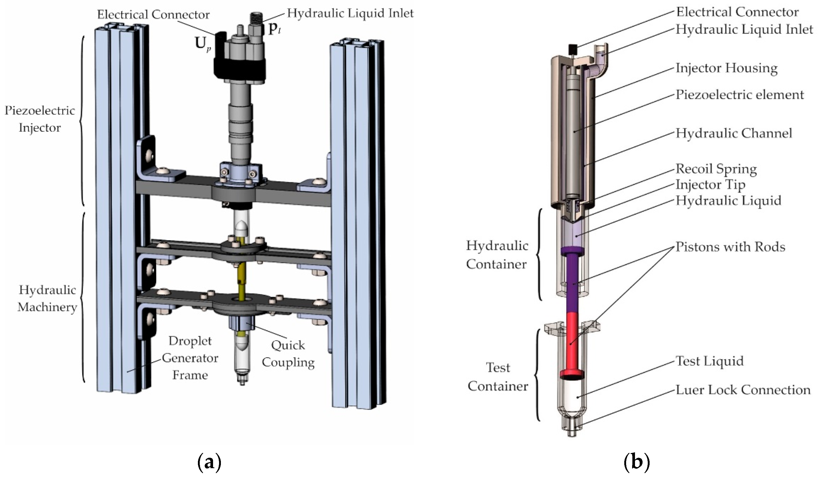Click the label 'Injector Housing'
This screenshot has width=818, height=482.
click(727, 69)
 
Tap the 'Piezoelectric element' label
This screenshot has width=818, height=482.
click(740, 95)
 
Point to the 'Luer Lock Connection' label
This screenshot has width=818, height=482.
click(743, 390)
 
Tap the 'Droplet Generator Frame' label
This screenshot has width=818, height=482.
click(190, 358)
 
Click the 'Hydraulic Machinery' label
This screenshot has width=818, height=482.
click(48, 298)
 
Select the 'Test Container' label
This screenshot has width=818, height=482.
click(498, 377)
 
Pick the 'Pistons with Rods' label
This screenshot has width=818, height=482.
click(731, 247)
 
